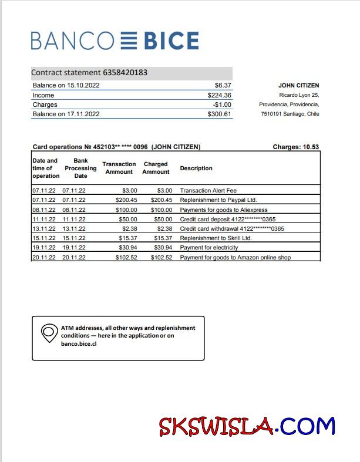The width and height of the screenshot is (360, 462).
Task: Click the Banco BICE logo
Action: click(x=115, y=41)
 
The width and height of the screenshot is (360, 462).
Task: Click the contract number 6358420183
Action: click(x=125, y=73)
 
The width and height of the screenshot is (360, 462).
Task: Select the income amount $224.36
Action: click(x=219, y=95)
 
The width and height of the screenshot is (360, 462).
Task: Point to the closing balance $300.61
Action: click(x=219, y=114)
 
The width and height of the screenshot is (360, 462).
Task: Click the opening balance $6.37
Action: click(x=223, y=85)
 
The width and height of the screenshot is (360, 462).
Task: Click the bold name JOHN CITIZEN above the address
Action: click(x=298, y=86)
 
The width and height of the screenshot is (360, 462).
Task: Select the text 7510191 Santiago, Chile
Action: click(x=290, y=114)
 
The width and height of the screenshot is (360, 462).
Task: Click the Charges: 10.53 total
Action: click(x=297, y=147)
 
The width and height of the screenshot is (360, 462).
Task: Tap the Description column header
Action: click(x=196, y=168)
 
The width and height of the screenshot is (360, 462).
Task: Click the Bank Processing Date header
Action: click(x=80, y=168)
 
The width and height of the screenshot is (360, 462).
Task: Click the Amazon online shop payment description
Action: click(x=235, y=257)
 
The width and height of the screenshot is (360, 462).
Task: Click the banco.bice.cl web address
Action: click(x=79, y=343)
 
